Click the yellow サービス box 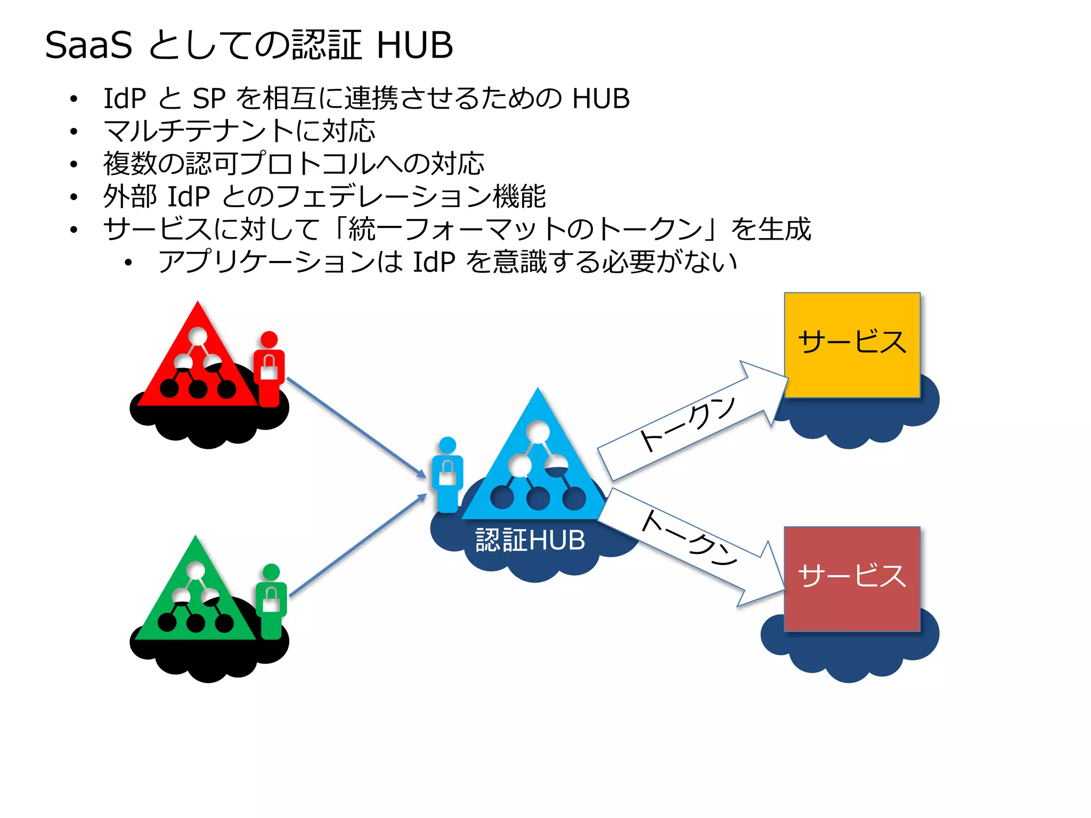pyautogui.click(x=852, y=345)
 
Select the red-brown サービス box pyautogui.click(x=852, y=578)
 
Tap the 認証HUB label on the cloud pyautogui.click(x=530, y=540)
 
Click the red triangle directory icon pyautogui.click(x=198, y=362)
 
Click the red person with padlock pyautogui.click(x=269, y=369)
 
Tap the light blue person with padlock pyautogui.click(x=447, y=474)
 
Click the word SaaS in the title pyautogui.click(x=88, y=45)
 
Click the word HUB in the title pyautogui.click(x=414, y=45)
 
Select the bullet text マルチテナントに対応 pyautogui.click(x=240, y=131)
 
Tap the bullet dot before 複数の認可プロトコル pyautogui.click(x=74, y=164)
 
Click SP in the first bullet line pyautogui.click(x=209, y=99)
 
